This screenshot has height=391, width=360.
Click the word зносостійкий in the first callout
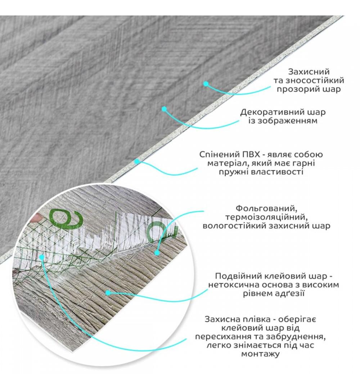tap(315, 81)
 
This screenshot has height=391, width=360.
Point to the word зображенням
tap(289, 121)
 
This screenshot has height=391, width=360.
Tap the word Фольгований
tap(266, 208)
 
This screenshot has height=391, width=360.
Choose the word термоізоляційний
tap(266, 217)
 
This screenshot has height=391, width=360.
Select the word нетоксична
tap(233, 285)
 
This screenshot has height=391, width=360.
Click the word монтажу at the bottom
tap(260, 354)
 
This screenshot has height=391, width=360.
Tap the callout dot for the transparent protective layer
tap(206, 84)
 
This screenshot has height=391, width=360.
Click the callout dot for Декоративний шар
tap(164, 109)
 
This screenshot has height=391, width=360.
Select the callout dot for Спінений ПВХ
tap(137, 162)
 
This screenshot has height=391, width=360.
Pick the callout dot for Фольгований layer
tap(157, 253)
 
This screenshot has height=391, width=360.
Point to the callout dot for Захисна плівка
tap(42, 256)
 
